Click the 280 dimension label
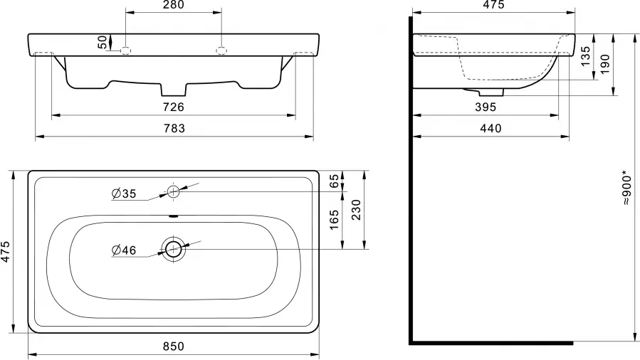pos(174,5)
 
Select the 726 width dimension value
pos(174,107)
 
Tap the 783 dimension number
pos(174,129)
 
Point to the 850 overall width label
pos(174,346)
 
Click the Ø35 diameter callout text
pos(124,194)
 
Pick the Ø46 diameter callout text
pos(124,250)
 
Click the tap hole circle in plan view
pos(173,191)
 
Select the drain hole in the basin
pos(174,249)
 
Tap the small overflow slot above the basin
pos(174,216)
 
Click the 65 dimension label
pos(335,181)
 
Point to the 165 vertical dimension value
pos(335,220)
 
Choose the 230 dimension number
pos(357,210)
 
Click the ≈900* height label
pos(627,190)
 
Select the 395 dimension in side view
pos(486,107)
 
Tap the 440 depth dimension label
pos(491,129)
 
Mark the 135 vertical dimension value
pos(585,56)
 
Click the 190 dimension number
pos(604,64)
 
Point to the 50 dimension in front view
pos(103,42)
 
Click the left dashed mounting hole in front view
pos(126,51)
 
